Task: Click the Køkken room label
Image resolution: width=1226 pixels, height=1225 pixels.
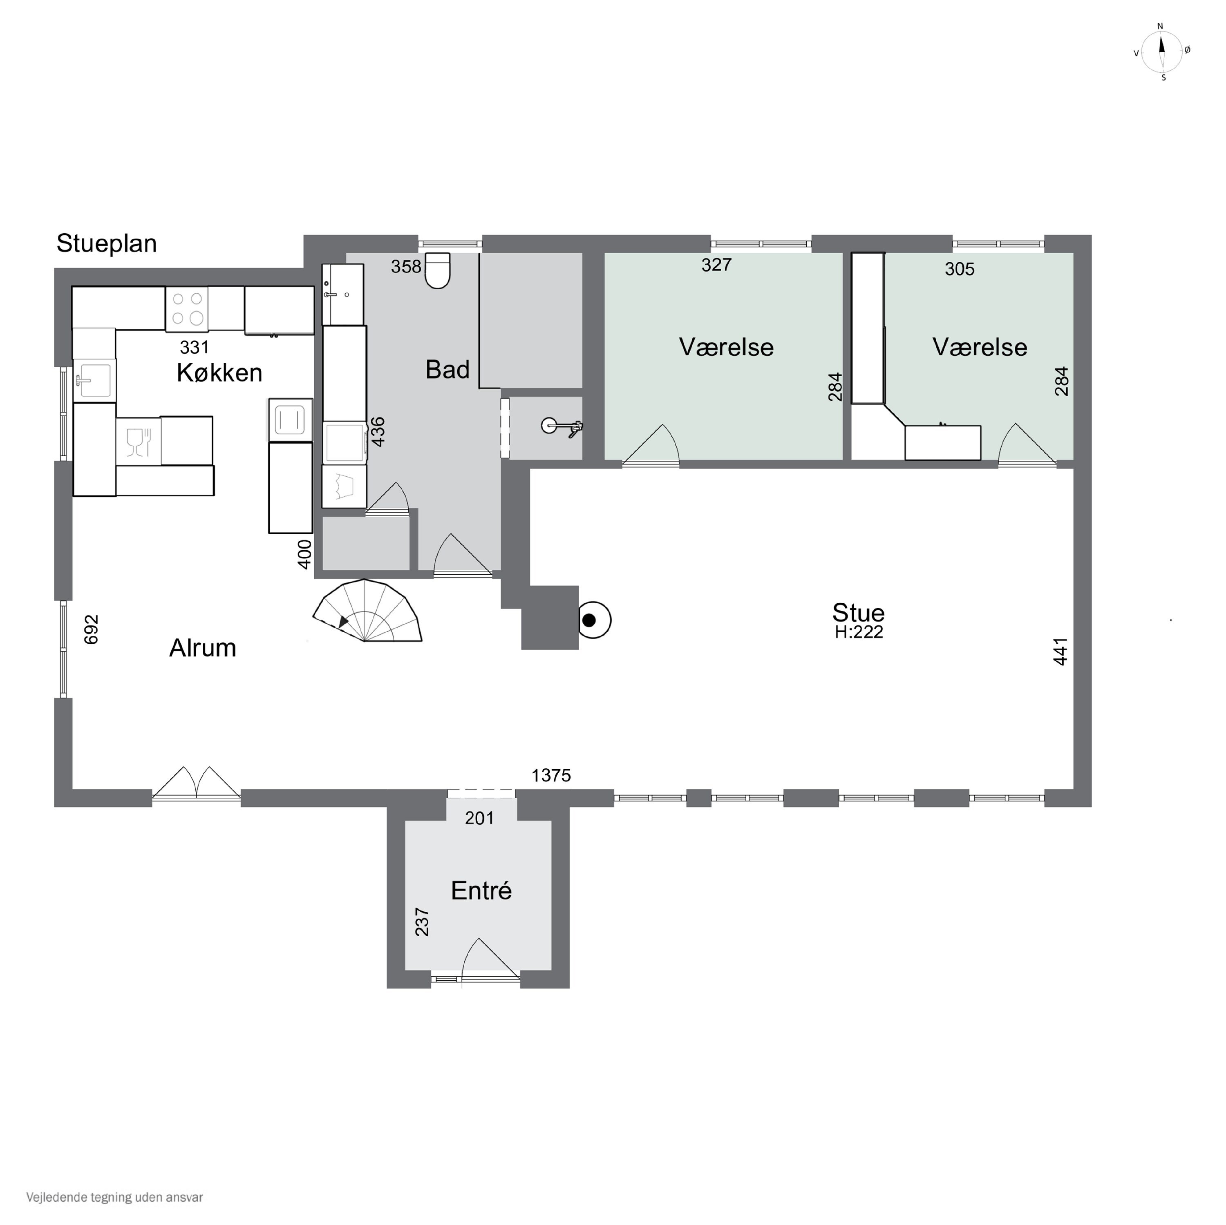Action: pos(219,373)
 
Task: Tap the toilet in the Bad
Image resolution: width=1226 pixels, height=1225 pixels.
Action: pos(437,270)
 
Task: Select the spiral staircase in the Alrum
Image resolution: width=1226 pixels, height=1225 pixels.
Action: pos(367,610)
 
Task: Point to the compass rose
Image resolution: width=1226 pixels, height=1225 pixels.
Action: pos(1161,51)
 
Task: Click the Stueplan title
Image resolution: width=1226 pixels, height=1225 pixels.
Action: pos(107,243)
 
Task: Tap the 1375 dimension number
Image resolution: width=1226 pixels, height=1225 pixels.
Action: pos(551,775)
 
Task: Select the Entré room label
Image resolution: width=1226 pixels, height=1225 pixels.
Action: pos(481,891)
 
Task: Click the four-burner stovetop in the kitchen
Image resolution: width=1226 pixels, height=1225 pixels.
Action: pos(187,309)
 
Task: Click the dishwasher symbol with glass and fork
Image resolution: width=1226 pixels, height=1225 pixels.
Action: pos(139,442)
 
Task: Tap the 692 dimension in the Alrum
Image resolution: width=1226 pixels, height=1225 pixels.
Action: pos(92,629)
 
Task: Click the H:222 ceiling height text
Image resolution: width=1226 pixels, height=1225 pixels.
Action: pos(859,632)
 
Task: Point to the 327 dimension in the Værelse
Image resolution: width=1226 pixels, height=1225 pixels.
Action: pos(716,265)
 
